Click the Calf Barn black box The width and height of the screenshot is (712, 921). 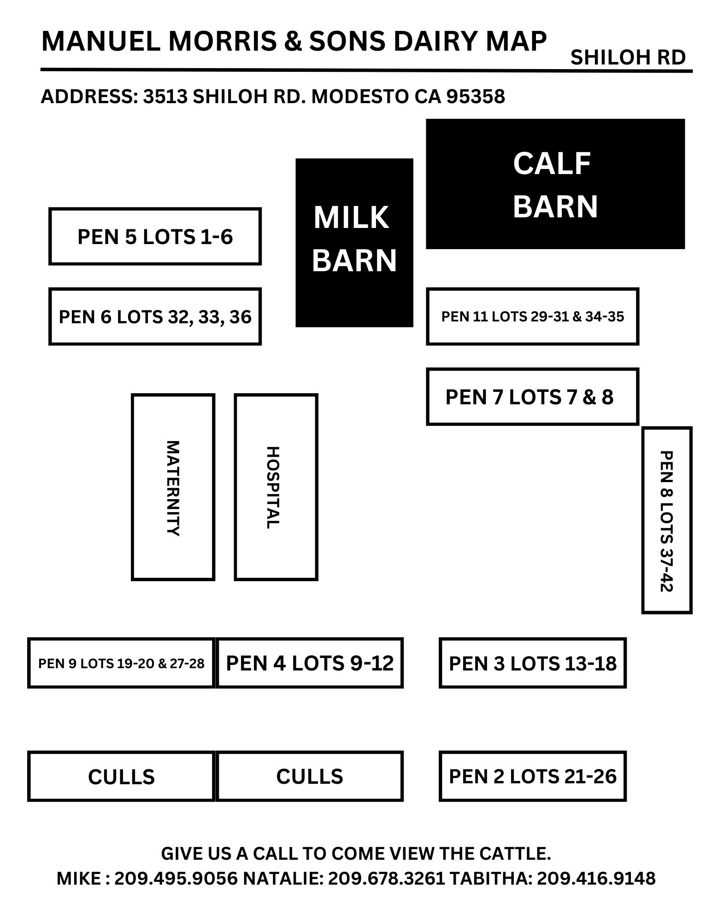tap(555, 184)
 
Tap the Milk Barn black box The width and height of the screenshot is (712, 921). tap(354, 243)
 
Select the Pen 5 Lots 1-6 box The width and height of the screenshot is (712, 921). tap(155, 237)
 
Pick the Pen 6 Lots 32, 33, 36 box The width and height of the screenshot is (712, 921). tap(155, 317)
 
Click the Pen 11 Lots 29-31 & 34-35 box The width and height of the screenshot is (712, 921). tap(532, 317)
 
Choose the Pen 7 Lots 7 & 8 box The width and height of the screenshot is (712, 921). tap(532, 396)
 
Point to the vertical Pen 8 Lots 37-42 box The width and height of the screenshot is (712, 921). tap(666, 520)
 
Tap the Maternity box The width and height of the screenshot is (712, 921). tap(173, 487)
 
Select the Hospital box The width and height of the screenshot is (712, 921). tap(276, 487)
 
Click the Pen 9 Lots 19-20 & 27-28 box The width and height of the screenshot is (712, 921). tap(121, 663)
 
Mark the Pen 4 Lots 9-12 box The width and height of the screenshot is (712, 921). tap(310, 663)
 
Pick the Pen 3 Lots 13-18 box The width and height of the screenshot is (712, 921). tap(532, 663)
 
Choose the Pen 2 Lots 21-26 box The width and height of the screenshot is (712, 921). tap(532, 776)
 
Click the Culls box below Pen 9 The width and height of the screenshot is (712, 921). tap(121, 776)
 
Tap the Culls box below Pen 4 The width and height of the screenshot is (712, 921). tap(310, 776)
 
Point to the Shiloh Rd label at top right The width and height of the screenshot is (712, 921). tap(628, 58)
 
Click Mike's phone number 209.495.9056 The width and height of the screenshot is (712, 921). tap(176, 878)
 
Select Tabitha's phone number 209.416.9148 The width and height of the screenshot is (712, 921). tap(596, 878)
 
